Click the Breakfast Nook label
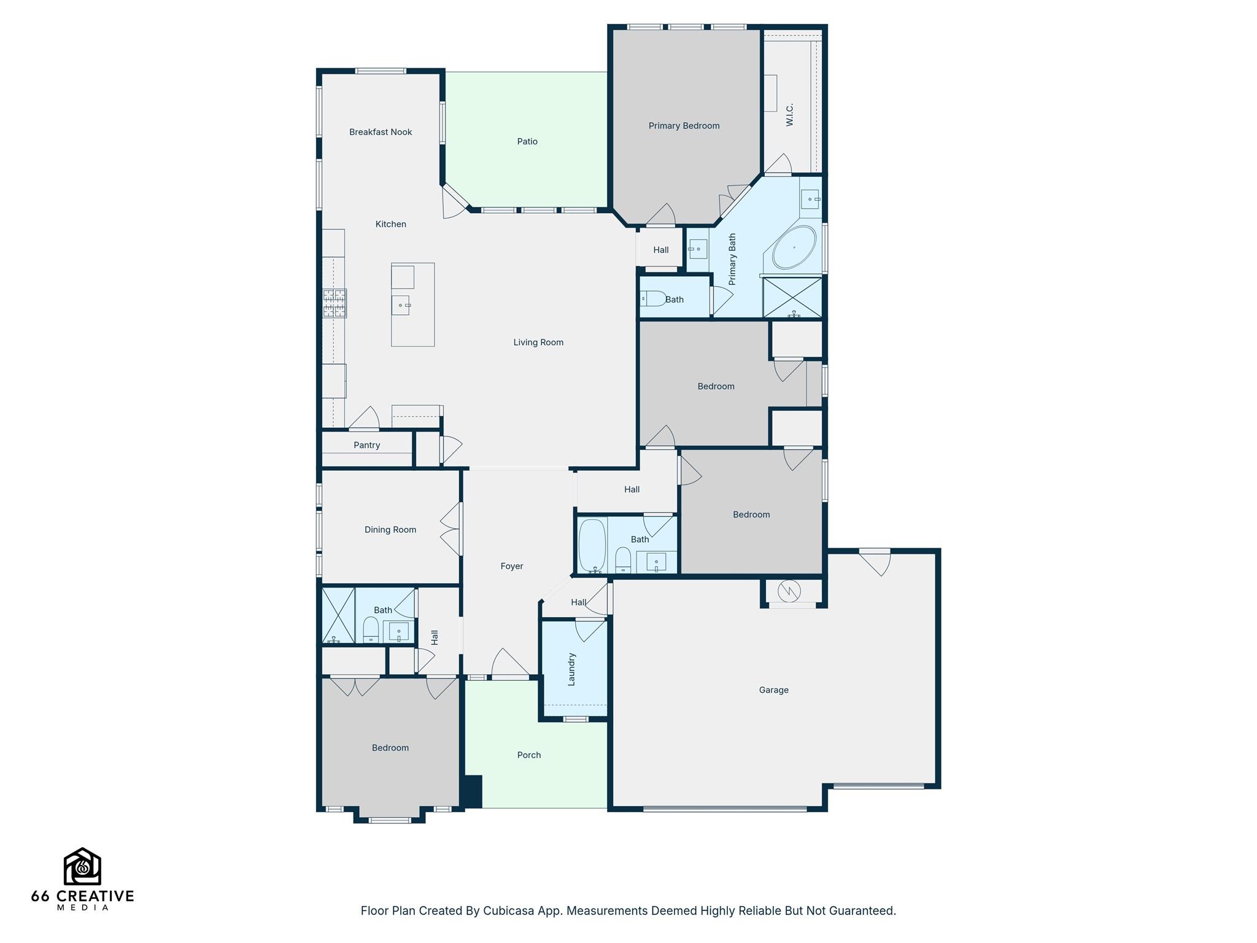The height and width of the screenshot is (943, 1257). (x=381, y=132)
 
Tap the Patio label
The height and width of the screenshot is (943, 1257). (x=527, y=142)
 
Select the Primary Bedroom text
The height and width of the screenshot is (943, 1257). (x=684, y=126)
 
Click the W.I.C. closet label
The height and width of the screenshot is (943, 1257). (x=790, y=115)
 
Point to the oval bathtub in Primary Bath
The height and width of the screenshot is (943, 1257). (x=794, y=247)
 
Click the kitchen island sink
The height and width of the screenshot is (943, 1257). (x=401, y=305)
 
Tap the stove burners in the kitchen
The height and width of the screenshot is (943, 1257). (x=335, y=303)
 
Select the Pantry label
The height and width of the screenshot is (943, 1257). (x=366, y=445)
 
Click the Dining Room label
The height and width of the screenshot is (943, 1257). (x=390, y=530)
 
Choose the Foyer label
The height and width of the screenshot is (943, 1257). (x=512, y=566)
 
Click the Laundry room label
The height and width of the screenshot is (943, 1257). (x=571, y=669)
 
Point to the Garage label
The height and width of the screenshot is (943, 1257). (x=773, y=690)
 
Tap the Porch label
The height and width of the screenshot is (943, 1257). (x=528, y=755)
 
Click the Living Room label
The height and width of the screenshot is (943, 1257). (x=538, y=343)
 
